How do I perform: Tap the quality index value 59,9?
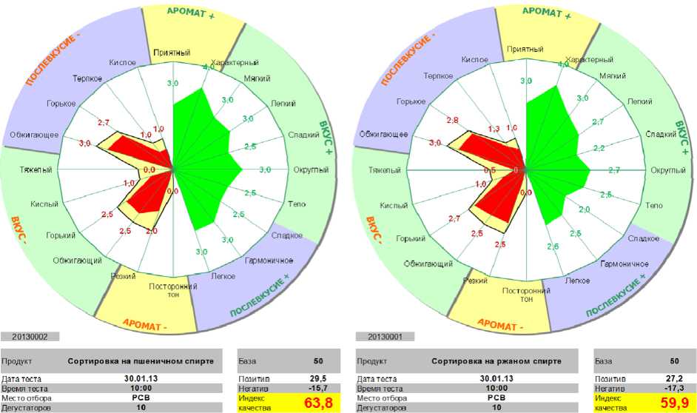[673, 403]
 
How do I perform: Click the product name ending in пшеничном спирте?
[145, 362]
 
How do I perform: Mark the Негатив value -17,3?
[674, 388]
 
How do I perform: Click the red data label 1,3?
[494, 129]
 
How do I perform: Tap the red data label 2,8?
[453, 120]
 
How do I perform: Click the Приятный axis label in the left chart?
[172, 53]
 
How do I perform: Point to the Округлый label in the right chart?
[665, 170]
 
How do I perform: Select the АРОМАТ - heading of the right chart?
[499, 324]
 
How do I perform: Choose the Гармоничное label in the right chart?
[623, 263]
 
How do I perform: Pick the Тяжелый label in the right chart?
[385, 170]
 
